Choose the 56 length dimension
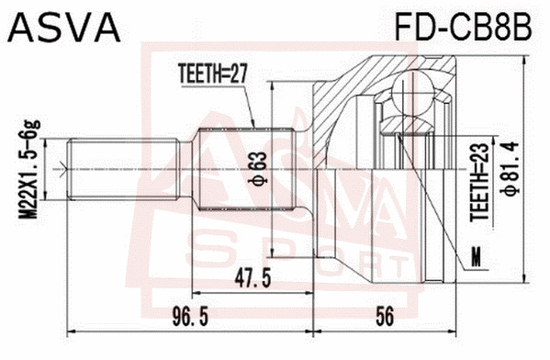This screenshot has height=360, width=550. [x=387, y=317]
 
